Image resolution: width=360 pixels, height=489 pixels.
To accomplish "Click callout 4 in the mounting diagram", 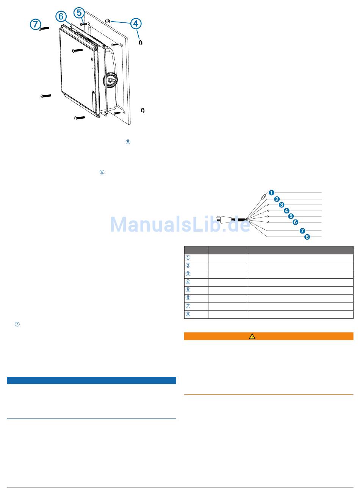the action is coord(136,24).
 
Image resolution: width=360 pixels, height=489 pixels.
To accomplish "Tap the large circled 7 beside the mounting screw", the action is coord(35,25).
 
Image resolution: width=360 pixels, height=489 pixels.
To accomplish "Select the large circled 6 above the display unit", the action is coord(60,16).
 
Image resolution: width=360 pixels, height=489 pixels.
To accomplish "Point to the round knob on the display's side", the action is coord(111,80).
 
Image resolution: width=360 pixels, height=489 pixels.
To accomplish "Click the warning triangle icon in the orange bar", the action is coord(252,336).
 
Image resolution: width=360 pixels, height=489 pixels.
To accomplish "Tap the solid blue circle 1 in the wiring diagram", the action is coord(271,193).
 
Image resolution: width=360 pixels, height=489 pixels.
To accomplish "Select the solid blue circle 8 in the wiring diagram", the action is coord(307,237).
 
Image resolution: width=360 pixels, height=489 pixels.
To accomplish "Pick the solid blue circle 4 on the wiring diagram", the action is coord(286,211).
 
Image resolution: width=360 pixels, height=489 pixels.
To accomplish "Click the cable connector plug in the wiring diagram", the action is coord(223,219).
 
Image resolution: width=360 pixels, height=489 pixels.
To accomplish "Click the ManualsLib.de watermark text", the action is coord(180,224).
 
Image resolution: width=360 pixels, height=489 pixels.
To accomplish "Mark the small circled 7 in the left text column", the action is coord(17,324).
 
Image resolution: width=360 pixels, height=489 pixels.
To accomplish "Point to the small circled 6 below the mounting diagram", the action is coord(102,172).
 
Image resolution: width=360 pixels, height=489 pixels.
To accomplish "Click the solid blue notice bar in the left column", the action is coord(91,381).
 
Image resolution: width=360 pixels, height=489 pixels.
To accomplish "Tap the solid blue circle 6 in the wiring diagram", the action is coord(296,222).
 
